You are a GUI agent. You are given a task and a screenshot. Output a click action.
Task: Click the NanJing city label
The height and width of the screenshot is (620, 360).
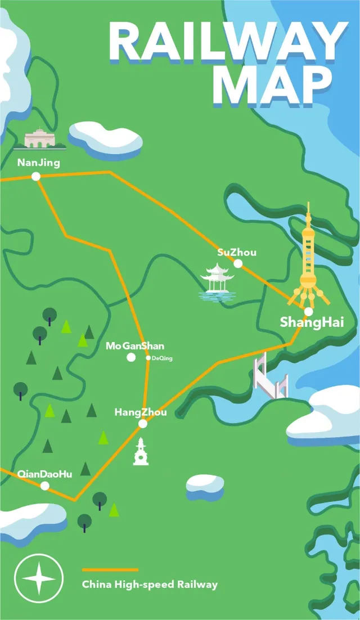(x=38, y=163)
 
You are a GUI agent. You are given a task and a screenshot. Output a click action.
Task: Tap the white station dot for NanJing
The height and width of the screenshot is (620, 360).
(x=36, y=176)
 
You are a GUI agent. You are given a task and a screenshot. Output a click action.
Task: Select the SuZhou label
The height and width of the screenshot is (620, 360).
(x=237, y=252)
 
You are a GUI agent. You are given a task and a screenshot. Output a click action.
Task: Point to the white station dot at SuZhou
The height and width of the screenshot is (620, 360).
(x=238, y=263)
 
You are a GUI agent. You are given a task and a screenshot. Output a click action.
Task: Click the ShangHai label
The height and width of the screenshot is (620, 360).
(x=312, y=323)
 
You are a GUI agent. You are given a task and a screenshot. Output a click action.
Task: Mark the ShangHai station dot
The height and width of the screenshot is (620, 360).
(x=308, y=311)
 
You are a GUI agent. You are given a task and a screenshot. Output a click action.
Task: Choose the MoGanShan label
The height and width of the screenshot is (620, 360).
(x=135, y=346)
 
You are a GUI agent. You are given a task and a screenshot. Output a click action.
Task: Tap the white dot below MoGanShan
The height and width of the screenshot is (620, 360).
(x=131, y=357)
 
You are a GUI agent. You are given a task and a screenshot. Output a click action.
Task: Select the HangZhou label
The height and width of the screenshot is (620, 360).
(x=141, y=412)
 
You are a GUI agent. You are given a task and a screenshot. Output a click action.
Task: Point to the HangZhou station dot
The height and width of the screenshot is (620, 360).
(x=143, y=424)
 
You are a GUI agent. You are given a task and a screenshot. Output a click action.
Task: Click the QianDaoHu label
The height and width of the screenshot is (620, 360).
(x=45, y=474)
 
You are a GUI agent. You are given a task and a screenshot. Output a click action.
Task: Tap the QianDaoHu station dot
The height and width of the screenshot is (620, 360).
(x=45, y=486)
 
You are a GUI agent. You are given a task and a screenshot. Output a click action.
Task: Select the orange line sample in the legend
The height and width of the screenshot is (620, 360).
(x=110, y=570)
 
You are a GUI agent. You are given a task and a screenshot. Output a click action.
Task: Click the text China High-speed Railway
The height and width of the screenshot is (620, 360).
(x=150, y=585)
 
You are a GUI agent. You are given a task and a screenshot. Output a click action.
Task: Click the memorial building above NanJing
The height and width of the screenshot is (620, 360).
(x=40, y=140)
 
